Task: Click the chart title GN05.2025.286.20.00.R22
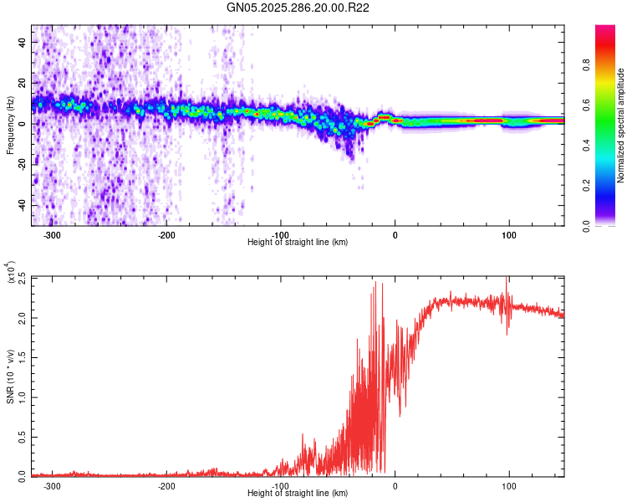(298, 8)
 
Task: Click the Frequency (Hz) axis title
(10, 125)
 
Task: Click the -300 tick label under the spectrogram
(52, 235)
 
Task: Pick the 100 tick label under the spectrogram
(508, 235)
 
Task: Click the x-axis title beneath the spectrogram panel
(298, 243)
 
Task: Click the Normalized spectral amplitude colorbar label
(621, 125)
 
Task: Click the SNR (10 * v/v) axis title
(10, 376)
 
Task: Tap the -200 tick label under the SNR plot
(166, 486)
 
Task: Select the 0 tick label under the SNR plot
(395, 486)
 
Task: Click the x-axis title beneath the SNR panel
(298, 494)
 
